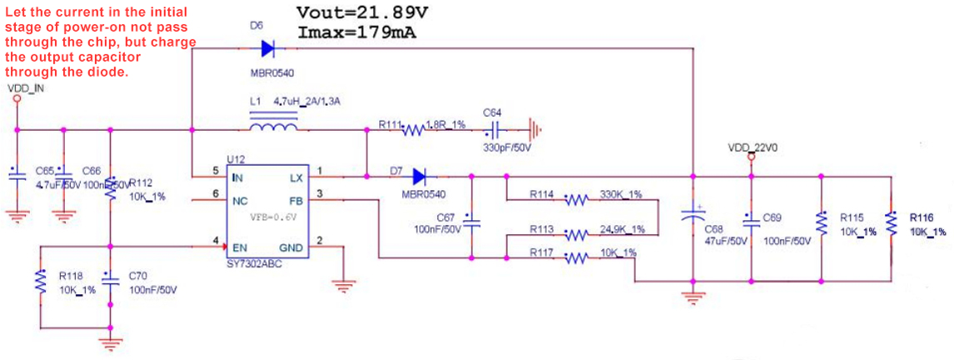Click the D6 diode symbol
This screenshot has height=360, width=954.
(267, 48)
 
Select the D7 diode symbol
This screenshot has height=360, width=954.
(418, 176)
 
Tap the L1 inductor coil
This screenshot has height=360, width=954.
(273, 127)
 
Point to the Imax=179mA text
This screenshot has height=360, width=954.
(357, 32)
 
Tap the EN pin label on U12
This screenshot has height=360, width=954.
(238, 247)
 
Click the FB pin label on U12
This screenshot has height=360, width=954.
(296, 200)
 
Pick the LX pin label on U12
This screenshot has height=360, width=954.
(296, 177)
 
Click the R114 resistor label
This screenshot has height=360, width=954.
(542, 194)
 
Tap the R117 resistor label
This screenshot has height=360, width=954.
(542, 252)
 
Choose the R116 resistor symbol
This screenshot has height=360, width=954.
(892, 222)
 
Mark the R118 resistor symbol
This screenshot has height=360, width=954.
(38, 282)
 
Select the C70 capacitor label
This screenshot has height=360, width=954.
(138, 274)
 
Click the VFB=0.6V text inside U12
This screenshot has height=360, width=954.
(273, 217)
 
